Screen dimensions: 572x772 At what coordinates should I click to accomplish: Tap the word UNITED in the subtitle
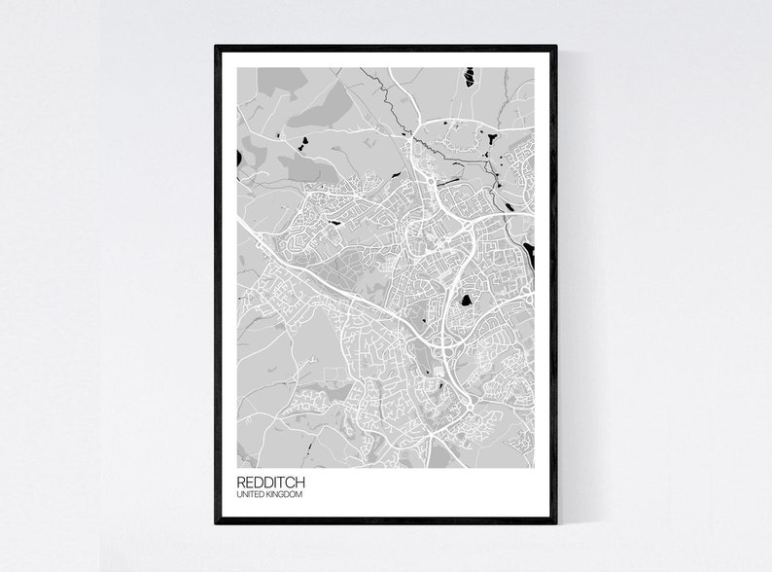[x=250, y=495]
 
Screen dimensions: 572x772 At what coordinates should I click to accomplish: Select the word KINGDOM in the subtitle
[x=284, y=495]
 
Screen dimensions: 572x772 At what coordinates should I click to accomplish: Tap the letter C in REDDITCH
[x=290, y=483]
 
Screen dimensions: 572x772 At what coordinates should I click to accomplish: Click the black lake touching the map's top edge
[x=469, y=76]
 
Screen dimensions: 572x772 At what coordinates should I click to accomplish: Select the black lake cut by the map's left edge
[x=238, y=157]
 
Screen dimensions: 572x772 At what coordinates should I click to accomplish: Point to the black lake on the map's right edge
[x=529, y=255]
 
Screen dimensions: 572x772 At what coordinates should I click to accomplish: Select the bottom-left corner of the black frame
[x=217, y=522]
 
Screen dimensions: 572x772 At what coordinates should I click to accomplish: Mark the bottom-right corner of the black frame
[x=555, y=522]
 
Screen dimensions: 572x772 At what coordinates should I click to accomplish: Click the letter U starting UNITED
[x=239, y=495]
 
